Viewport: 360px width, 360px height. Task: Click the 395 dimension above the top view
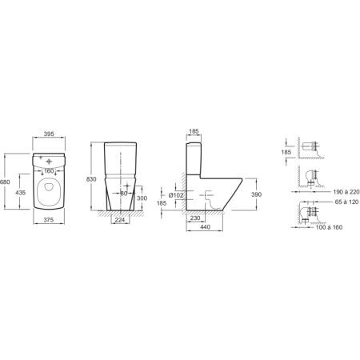pos(49,134)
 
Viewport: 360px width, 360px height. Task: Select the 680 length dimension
pos(5,182)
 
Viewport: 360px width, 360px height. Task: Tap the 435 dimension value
pos(21,192)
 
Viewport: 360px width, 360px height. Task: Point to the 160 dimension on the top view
pos(49,171)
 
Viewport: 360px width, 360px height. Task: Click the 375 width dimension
pos(49,220)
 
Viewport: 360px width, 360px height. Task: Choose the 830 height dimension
pos(91,179)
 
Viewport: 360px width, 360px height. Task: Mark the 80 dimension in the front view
pos(124,194)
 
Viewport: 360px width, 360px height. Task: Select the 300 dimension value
pos(142,198)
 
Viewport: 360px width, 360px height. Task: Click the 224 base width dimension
pos(120,220)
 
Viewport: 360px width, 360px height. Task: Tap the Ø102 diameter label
pos(176,195)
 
